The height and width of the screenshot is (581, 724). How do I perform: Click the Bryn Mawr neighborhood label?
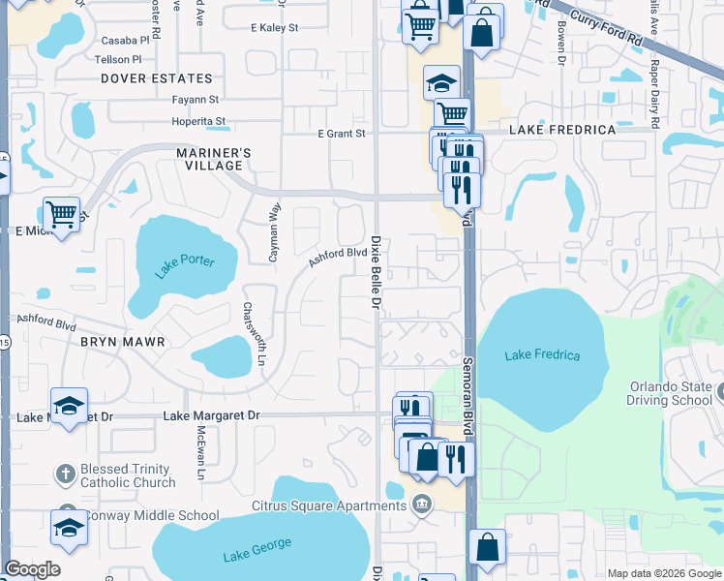[x=123, y=342]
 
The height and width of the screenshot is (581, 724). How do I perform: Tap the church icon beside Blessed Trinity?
[x=65, y=474]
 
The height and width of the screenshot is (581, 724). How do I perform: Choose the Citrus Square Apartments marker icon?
[x=421, y=504]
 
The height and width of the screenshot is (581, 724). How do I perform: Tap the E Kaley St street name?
[x=274, y=29]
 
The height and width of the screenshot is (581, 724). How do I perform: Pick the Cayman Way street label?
[x=275, y=233]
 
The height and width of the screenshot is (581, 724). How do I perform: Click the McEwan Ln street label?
[x=200, y=453]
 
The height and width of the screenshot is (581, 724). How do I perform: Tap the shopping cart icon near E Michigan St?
[x=62, y=213]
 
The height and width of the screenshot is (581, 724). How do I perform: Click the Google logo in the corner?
[x=32, y=569]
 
